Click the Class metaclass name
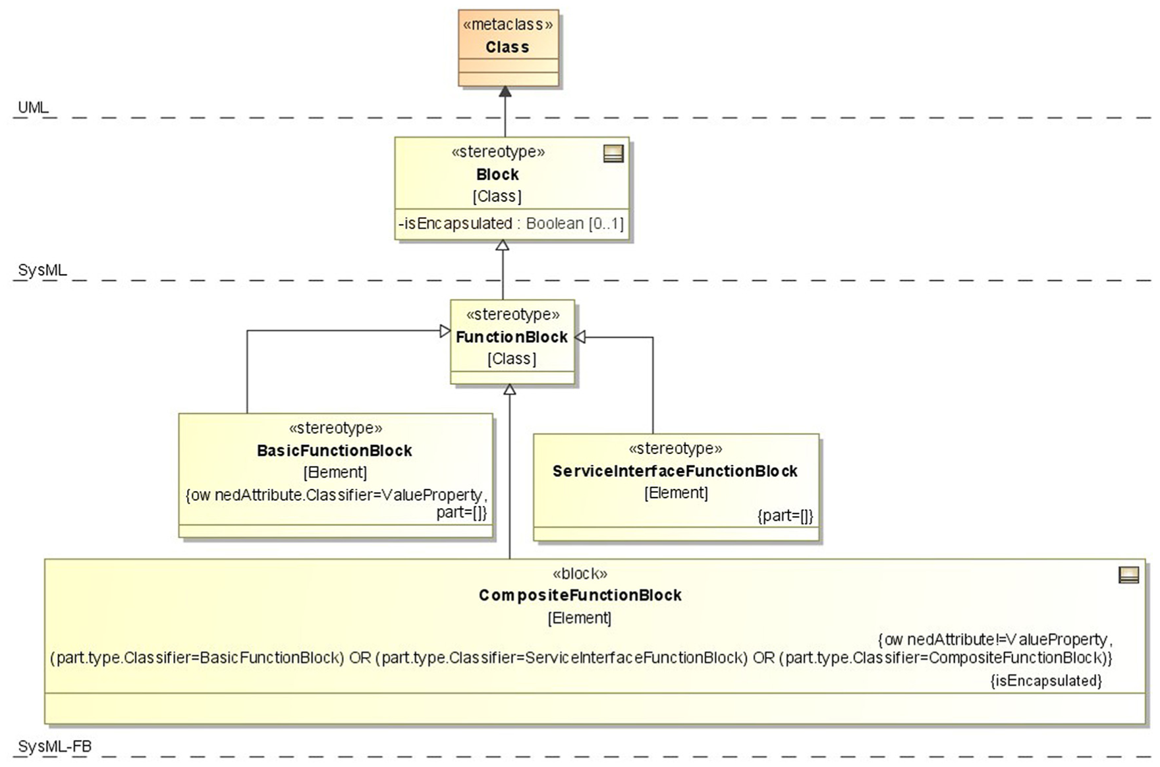(x=507, y=47)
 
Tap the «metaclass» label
(x=508, y=25)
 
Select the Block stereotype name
(x=497, y=175)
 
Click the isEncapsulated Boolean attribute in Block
(x=511, y=223)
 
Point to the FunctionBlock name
(x=512, y=337)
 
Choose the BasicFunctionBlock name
(x=335, y=451)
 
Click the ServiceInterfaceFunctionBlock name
(x=675, y=471)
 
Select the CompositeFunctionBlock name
(x=580, y=596)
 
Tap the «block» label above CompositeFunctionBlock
(x=580, y=574)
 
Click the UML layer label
(x=33, y=107)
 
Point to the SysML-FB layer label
(x=55, y=747)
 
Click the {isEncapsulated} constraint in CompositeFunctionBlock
(x=1046, y=681)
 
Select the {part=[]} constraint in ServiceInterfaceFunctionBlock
(x=785, y=516)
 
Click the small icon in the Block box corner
(x=613, y=154)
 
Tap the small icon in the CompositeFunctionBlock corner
(x=1129, y=575)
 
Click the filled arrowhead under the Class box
(x=505, y=92)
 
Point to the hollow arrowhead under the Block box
(x=503, y=245)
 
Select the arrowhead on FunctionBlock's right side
(x=580, y=337)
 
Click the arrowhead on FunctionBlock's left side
(x=445, y=331)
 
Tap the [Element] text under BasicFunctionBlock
(x=335, y=472)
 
